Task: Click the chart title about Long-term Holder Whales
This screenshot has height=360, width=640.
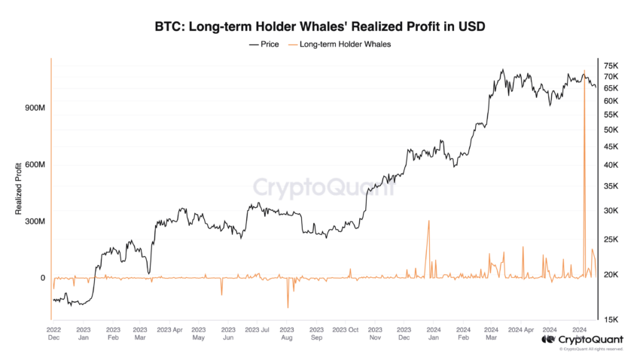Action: click(320, 26)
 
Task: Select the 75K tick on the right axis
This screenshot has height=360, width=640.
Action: click(611, 66)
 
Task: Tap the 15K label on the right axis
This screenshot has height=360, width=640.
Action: click(611, 319)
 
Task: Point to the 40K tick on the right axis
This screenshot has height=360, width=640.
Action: click(611, 165)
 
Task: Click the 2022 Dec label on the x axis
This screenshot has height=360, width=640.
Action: click(54, 334)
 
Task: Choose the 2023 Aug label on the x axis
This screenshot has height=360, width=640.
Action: click(287, 334)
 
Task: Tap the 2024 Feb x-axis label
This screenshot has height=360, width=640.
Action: click(462, 334)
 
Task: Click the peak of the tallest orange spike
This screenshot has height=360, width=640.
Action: click(584, 71)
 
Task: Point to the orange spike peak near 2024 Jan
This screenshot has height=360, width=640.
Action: click(428, 221)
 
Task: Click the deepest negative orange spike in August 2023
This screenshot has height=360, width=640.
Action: click(288, 307)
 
